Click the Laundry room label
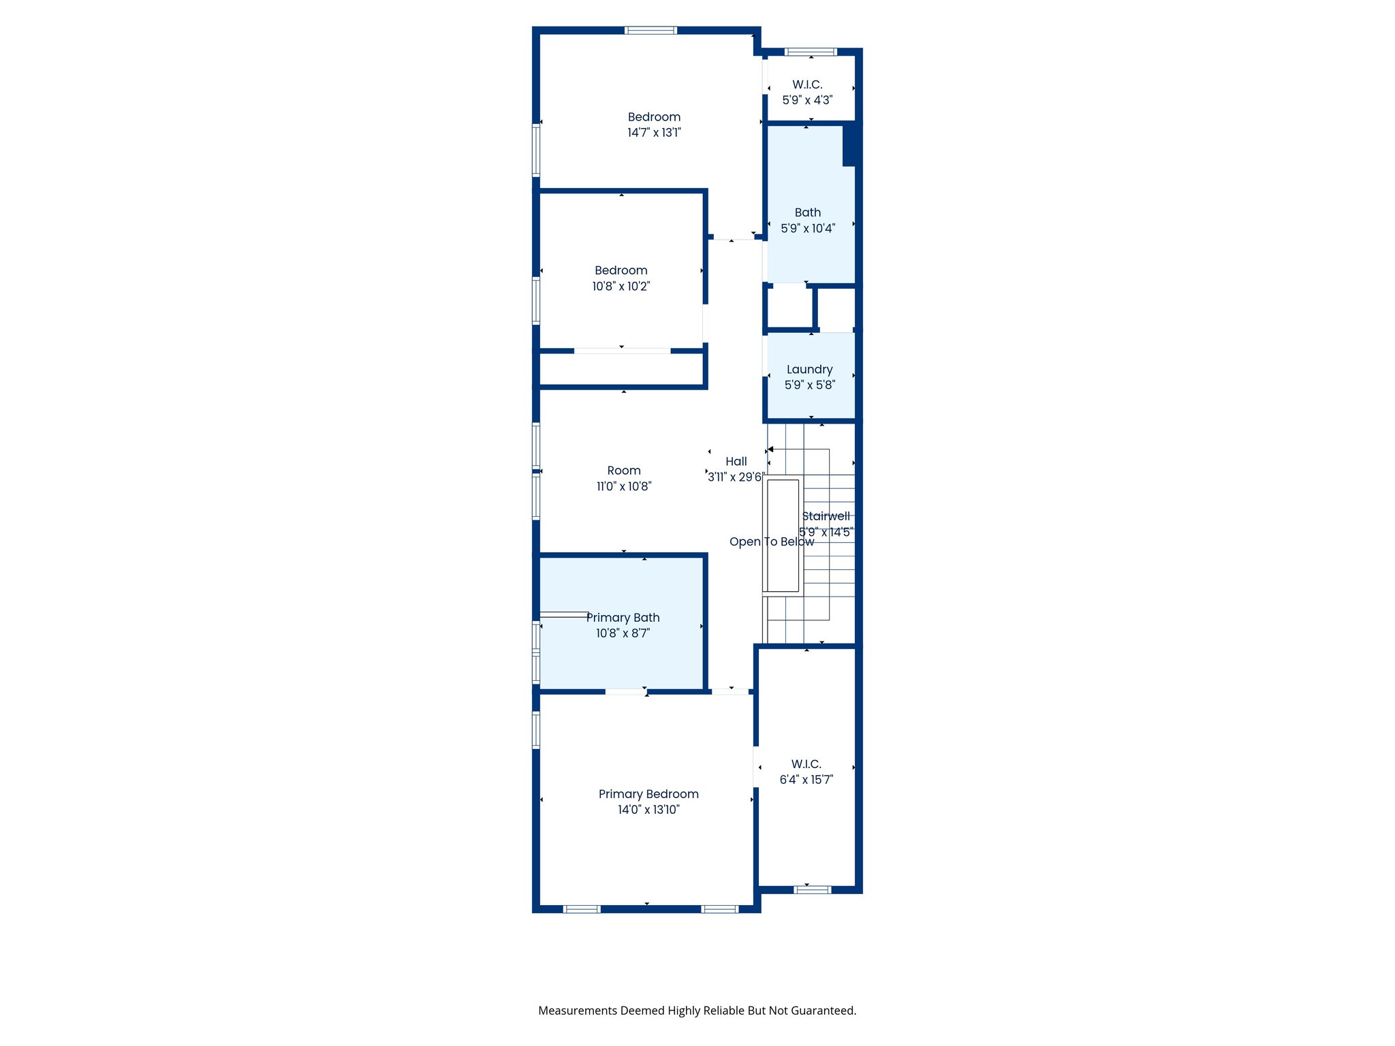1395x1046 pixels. coord(809,369)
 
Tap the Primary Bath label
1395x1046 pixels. coord(623,618)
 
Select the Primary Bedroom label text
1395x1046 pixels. coord(648,794)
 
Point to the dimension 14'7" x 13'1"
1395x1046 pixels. coord(654,133)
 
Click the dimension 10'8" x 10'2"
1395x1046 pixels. coord(621,287)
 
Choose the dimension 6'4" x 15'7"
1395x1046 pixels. coord(806,780)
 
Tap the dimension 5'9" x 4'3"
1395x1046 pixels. coord(807,100)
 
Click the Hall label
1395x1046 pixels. coord(736,462)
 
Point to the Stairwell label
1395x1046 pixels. coord(826,516)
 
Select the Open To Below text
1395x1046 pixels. coord(771,542)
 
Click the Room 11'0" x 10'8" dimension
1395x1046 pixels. coord(624,486)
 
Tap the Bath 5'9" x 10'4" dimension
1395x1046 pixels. coord(808,229)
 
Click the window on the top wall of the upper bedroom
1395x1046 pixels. coord(651,30)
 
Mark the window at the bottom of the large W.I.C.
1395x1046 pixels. coord(813,889)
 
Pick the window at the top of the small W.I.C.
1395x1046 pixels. coord(811,52)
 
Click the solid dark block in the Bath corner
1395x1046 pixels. coord(851,144)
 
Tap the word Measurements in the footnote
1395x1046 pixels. coord(577,1011)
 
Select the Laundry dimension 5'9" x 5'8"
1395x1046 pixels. coord(809,385)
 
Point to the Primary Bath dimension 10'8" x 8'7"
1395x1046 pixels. coord(623,633)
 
